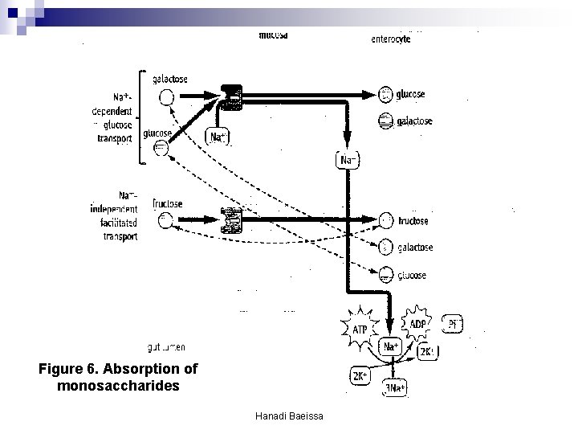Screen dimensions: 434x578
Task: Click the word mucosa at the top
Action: pyautogui.click(x=273, y=35)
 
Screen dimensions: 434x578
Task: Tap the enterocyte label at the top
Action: pyautogui.click(x=391, y=39)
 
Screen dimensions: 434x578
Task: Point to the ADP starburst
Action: pyautogui.click(x=417, y=324)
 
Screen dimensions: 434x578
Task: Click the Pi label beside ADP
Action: pyautogui.click(x=454, y=325)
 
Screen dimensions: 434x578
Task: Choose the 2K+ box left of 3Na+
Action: pyautogui.click(x=360, y=376)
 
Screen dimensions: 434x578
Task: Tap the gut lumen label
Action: pyautogui.click(x=166, y=347)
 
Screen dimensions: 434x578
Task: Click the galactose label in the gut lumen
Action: pyautogui.click(x=171, y=79)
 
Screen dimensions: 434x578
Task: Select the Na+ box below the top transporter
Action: pyautogui.click(x=218, y=137)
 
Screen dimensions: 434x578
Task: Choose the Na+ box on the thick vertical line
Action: pyautogui.click(x=348, y=160)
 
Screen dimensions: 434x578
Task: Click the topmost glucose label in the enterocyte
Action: pyautogui.click(x=410, y=94)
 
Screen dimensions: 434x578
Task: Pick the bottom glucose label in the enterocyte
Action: pyautogui.click(x=412, y=275)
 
